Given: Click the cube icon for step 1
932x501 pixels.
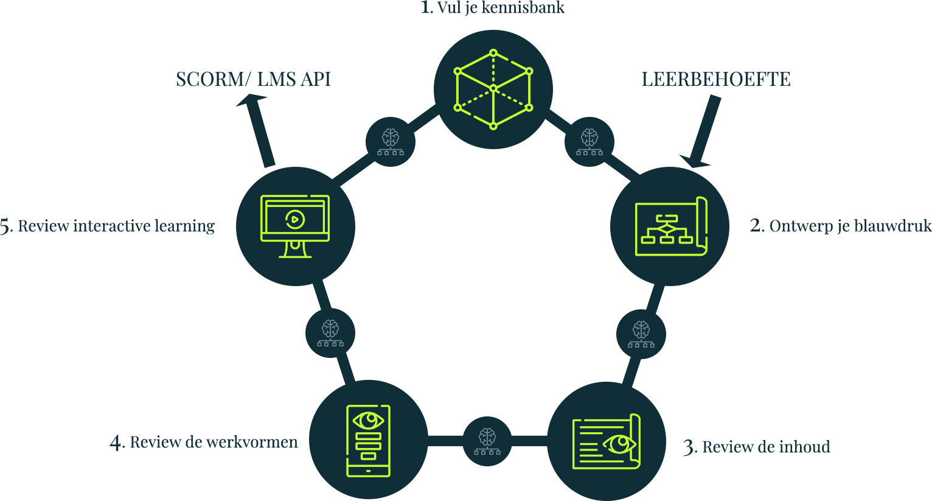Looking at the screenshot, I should (493, 89).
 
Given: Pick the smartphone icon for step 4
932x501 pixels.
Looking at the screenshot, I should (368, 440).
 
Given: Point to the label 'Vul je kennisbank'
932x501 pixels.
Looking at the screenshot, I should (501, 8).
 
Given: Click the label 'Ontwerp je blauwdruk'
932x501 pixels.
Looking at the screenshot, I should (850, 226).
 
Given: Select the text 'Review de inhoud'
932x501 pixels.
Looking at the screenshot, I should (765, 447).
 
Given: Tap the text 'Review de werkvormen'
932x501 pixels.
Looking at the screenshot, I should (214, 442).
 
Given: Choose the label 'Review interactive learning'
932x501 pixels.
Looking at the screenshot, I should (116, 226).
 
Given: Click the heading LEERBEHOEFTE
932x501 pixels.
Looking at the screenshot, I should (716, 79).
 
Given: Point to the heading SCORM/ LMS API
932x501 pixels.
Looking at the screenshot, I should (253, 79).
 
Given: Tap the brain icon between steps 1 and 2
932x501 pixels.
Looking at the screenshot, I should (589, 142).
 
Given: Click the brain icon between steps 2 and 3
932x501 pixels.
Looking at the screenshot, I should (641, 334).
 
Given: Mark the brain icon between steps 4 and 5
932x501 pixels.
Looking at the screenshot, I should (330, 333).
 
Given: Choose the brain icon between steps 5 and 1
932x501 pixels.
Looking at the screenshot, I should (391, 142).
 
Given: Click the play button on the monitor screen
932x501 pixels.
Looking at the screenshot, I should (295, 219).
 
